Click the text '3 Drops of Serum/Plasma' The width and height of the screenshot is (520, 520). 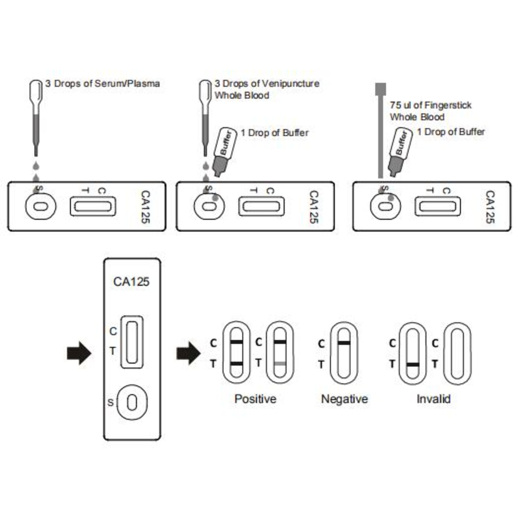[x=103, y=84]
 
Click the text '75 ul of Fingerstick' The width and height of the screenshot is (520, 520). [x=431, y=105]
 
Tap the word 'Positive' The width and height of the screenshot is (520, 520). [x=255, y=399]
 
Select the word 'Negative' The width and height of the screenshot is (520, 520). [x=345, y=399]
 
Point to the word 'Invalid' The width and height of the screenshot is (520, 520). [x=434, y=399]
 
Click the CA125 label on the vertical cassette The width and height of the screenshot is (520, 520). [x=131, y=281]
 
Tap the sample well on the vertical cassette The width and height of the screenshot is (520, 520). [x=132, y=402]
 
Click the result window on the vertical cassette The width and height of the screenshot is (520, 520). [x=132, y=342]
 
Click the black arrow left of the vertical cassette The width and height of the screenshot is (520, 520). [x=79, y=353]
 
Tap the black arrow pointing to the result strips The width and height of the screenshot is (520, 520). [x=189, y=353]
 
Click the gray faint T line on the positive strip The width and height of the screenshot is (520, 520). [x=280, y=364]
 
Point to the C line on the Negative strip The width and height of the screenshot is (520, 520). [x=344, y=343]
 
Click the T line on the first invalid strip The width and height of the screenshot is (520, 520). [x=413, y=364]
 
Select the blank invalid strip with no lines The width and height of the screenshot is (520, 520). [x=458, y=353]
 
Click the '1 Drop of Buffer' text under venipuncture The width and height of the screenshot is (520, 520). [x=275, y=133]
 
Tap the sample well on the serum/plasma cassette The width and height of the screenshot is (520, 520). [x=41, y=206]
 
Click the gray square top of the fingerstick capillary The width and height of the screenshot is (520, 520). [x=381, y=89]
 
